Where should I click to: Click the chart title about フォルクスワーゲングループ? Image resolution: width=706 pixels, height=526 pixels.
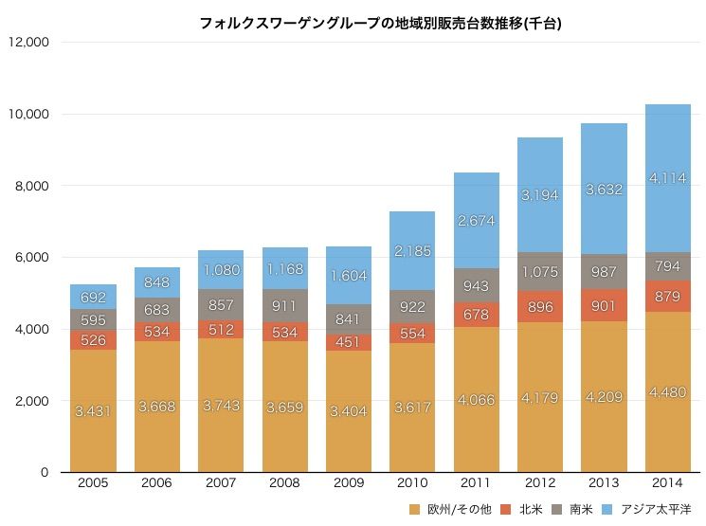[x=380, y=22]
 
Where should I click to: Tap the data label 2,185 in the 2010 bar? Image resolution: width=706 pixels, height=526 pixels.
[x=412, y=251]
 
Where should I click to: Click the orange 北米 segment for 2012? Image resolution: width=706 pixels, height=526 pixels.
[x=540, y=307]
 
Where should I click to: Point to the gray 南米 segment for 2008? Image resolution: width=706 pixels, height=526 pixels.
[x=284, y=306]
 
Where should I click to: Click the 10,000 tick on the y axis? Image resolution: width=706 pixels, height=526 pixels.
[x=29, y=114]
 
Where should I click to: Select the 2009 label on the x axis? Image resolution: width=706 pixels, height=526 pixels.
[x=349, y=483]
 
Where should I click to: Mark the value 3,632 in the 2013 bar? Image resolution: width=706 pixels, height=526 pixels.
[x=604, y=189]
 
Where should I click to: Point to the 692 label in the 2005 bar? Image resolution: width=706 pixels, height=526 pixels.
[x=93, y=297]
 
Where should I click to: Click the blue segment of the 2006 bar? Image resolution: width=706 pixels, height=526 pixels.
[x=157, y=281]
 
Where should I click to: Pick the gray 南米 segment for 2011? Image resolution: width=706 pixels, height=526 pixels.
[x=476, y=285]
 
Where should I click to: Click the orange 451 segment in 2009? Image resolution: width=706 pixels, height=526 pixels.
[x=349, y=341]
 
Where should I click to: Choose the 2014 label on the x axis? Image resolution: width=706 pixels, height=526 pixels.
[x=667, y=483]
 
